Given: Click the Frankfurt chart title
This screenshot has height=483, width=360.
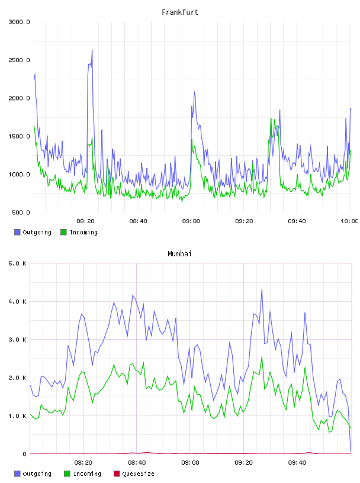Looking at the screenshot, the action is [180, 12].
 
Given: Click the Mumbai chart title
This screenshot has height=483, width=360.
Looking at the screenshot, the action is [179, 253].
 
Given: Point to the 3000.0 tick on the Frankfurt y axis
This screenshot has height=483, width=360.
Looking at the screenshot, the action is [19, 22].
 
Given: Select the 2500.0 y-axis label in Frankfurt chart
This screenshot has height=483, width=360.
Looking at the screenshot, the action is [19, 60].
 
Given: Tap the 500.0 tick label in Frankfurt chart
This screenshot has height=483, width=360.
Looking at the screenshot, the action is [21, 212].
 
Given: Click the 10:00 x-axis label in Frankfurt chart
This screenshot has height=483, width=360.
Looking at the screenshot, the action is [349, 221].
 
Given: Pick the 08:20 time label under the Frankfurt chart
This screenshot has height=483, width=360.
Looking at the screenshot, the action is [85, 221].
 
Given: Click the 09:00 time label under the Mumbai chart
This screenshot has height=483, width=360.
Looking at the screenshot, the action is [190, 462].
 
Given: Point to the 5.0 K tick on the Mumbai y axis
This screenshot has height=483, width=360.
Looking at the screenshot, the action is [17, 263].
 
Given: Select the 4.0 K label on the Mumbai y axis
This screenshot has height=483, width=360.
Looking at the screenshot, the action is [17, 301].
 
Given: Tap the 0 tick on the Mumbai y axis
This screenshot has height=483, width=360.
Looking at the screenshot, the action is [24, 454].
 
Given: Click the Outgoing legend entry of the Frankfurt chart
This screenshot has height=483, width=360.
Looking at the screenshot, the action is [33, 232].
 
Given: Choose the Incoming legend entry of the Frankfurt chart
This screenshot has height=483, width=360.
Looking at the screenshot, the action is [79, 232].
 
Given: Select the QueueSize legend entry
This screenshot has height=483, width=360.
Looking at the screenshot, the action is [134, 474].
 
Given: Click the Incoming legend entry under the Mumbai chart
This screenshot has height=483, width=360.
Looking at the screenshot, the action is [82, 474].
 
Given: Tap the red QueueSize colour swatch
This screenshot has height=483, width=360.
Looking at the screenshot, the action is [117, 474].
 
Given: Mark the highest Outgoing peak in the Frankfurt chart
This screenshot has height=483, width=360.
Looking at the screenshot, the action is [92, 50].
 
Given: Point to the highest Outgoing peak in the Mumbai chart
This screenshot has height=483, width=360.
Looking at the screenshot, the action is [262, 289].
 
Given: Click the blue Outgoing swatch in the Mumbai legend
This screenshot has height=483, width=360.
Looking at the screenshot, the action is [17, 474].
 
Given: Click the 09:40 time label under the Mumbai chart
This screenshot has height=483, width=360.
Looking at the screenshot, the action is [297, 462].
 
